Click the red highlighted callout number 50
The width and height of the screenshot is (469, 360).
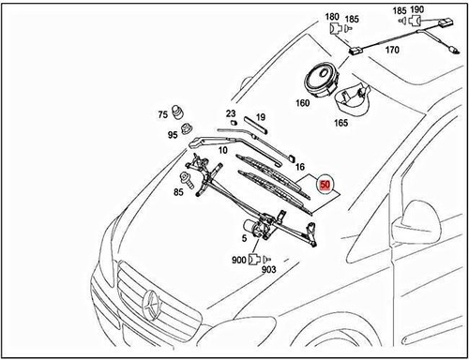tap(325, 186)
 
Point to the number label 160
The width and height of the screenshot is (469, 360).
tap(303, 103)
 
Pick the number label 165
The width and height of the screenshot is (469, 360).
tap(340, 121)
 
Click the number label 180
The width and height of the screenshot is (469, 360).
tap(332, 17)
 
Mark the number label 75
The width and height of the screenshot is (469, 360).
tap(162, 115)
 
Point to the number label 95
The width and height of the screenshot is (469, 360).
tap(174, 135)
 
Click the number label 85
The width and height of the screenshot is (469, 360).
tap(178, 192)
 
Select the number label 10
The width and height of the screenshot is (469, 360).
tap(223, 150)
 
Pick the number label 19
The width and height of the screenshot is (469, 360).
tap(261, 117)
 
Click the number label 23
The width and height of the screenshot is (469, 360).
tap(231, 113)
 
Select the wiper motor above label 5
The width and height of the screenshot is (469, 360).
tap(251, 225)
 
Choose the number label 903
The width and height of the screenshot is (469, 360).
tap(268, 269)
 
